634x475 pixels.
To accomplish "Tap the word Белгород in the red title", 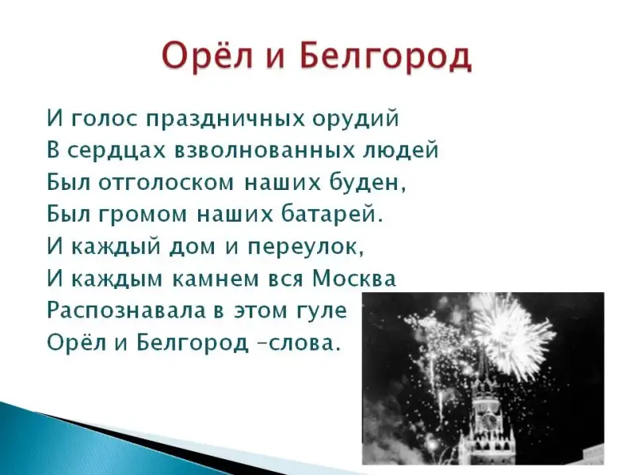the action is point(386,56).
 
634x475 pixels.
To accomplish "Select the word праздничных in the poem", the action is point(226,120).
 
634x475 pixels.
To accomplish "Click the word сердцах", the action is point(116,151).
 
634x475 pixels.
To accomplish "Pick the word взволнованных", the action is point(265,150).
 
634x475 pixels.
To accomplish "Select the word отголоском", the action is point(166,183).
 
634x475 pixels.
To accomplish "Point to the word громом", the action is point(143,215).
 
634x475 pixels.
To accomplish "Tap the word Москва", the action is point(354,278).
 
